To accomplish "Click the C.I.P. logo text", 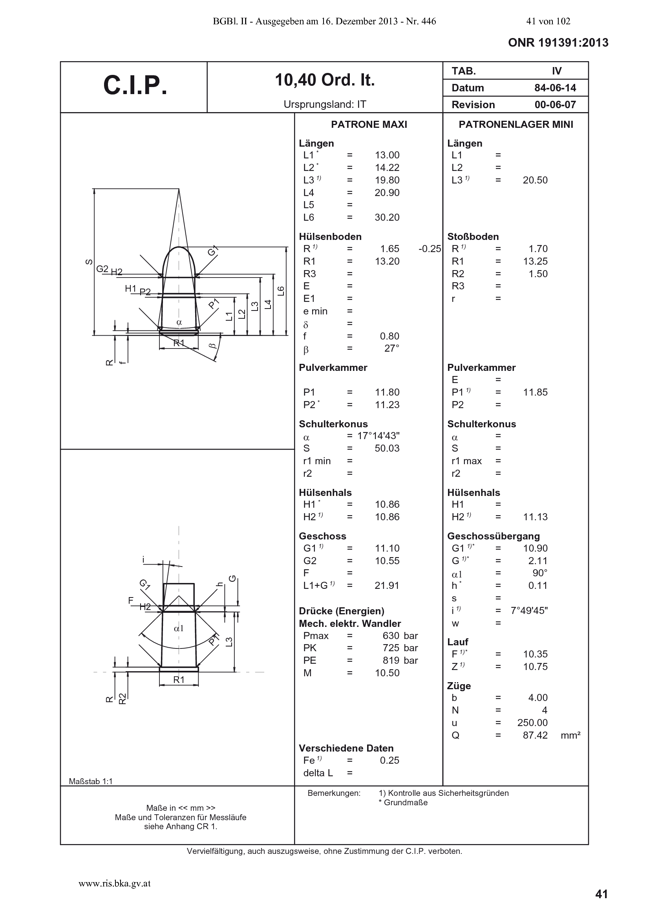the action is [x=135, y=85].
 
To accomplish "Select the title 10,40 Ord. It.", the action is [x=325, y=81].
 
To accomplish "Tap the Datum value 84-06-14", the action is [x=555, y=88].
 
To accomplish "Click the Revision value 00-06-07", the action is [x=555, y=105].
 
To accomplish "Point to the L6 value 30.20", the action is [x=387, y=217].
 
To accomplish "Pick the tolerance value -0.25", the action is [x=430, y=249].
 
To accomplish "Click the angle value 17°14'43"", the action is [x=378, y=436].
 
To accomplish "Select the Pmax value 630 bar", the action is [x=400, y=636].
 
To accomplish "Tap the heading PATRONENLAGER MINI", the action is [x=516, y=125].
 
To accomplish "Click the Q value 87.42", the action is [x=535, y=735].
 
